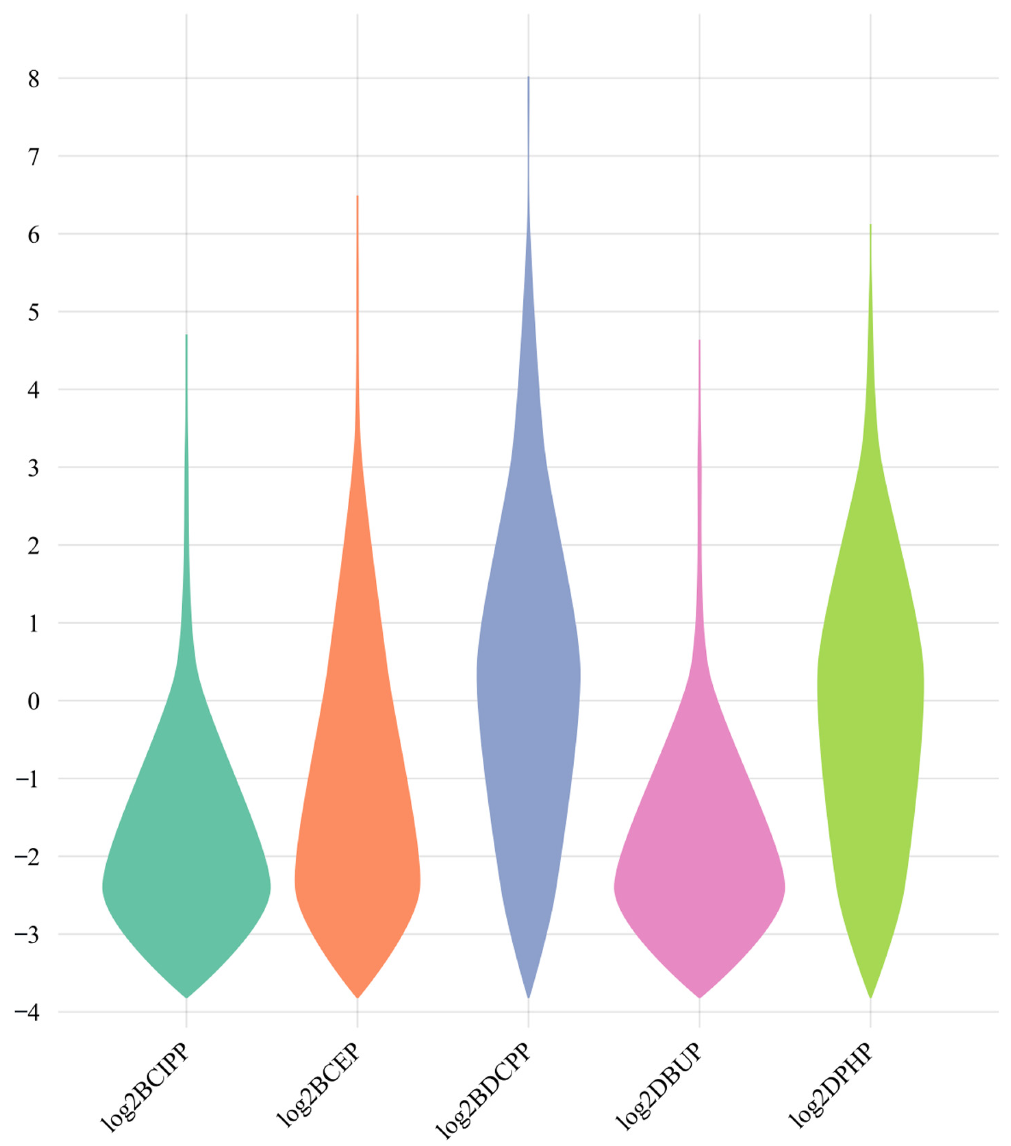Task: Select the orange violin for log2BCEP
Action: tap(357, 841)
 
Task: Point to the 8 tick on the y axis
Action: tap(34, 79)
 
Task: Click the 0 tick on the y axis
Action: tap(34, 701)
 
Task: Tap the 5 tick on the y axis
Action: tap(34, 312)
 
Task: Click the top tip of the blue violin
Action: tap(528, 77)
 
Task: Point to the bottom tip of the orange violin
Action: tap(357, 997)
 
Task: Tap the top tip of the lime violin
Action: tap(870, 225)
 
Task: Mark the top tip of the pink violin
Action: tap(699, 341)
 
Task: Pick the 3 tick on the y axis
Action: tap(34, 467)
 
